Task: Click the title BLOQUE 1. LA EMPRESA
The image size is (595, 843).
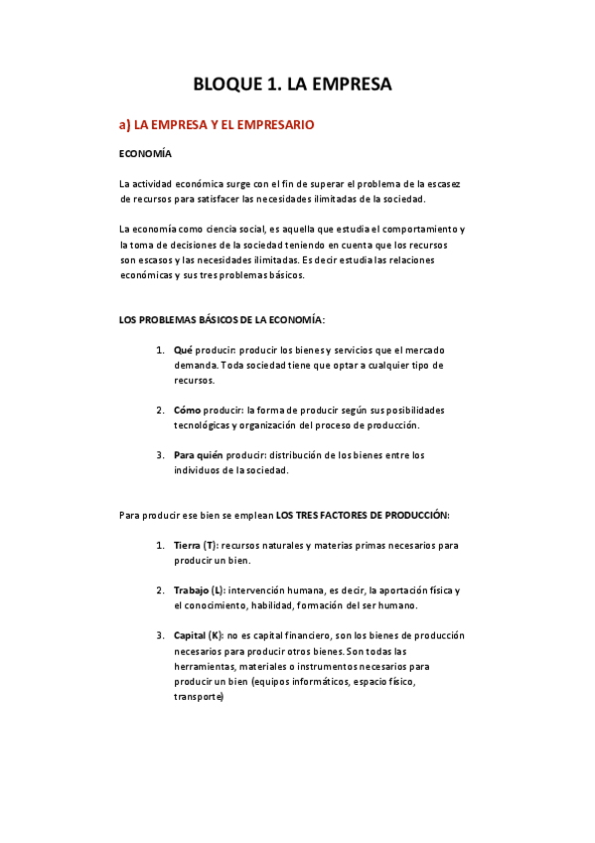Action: (292, 84)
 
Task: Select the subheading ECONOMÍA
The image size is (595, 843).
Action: (145, 154)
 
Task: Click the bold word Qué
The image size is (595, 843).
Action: (183, 351)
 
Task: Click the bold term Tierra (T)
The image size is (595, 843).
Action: (195, 546)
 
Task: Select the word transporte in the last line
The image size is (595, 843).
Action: (199, 697)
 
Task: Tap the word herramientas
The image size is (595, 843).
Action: (204, 667)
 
